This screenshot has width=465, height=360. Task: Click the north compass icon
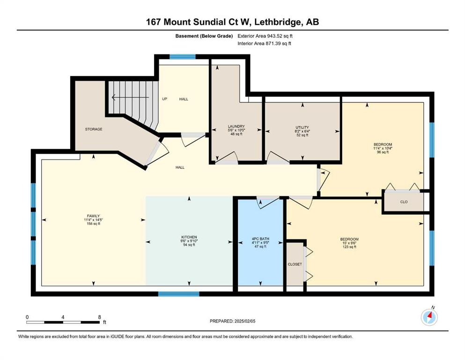429,317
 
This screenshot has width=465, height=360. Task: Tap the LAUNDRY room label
236,127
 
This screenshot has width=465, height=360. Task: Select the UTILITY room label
302,127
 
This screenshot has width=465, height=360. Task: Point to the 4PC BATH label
260,239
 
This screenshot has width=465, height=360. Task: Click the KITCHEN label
189,237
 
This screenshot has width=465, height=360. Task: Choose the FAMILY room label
93,216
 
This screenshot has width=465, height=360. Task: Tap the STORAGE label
94,129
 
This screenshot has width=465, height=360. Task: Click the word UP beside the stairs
164,99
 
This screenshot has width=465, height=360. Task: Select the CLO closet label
404,202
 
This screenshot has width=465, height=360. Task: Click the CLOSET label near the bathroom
295,264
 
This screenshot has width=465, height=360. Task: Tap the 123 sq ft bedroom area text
349,247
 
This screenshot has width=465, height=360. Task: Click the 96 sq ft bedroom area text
383,152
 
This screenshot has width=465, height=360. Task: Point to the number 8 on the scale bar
99,317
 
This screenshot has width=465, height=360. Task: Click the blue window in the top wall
182,57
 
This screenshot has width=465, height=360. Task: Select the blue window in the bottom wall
178,294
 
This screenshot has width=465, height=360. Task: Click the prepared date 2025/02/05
245,321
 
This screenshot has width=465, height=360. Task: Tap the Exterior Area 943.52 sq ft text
265,36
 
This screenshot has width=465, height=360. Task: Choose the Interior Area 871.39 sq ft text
264,43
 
